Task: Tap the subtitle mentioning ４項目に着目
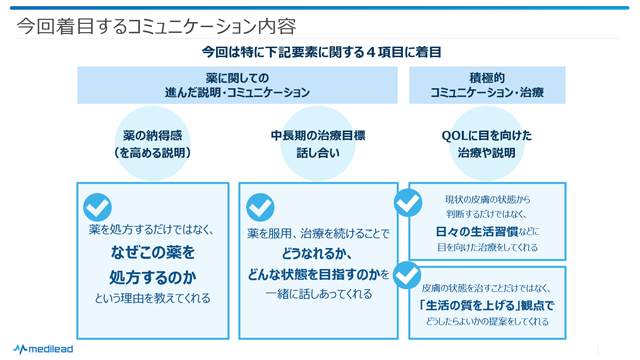pos(321,52)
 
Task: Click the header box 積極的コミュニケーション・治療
pos(487,85)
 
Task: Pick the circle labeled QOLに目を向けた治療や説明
pos(486,144)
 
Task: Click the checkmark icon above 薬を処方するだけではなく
pos(97,207)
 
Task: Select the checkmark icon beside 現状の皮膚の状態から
pos(408,202)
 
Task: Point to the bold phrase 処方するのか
pos(152,275)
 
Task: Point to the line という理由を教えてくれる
pos(152,297)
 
